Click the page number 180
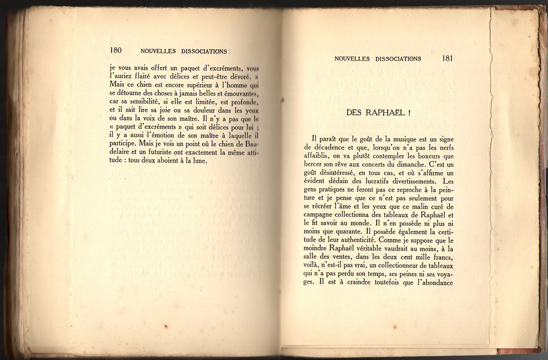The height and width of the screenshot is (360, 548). (116, 51)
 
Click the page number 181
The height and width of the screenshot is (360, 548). (447, 59)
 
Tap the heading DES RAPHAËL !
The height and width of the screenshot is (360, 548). (379, 112)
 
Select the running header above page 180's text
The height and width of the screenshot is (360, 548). (184, 51)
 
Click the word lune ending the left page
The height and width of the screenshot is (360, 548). (198, 161)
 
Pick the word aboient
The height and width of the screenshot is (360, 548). (165, 161)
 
